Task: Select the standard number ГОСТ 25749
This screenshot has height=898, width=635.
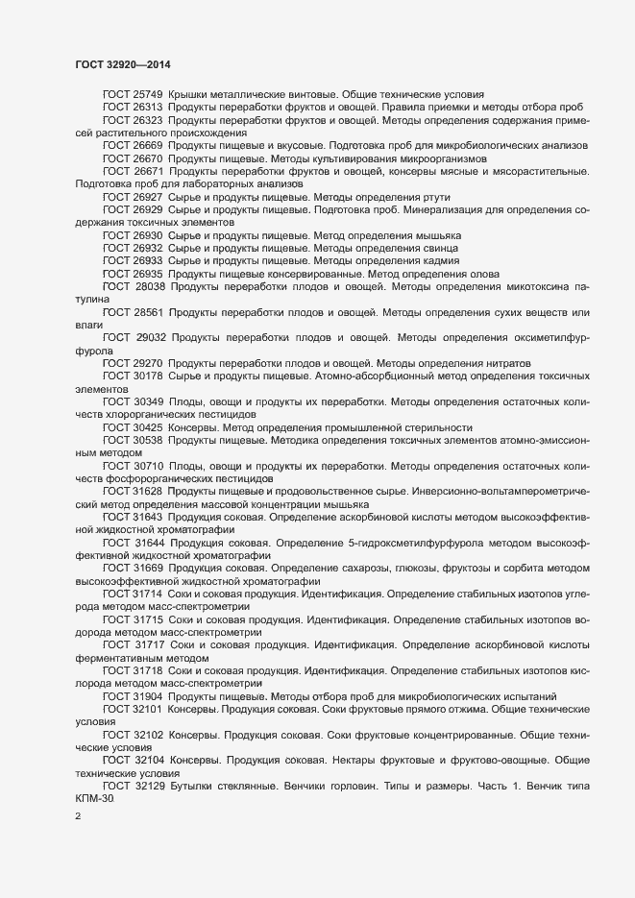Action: click(x=133, y=95)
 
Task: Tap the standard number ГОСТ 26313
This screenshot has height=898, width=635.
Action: click(x=133, y=108)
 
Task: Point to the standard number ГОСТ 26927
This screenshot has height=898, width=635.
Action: click(x=133, y=196)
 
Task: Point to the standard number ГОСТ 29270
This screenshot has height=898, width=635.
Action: click(x=133, y=363)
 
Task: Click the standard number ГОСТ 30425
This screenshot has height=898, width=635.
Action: click(x=133, y=426)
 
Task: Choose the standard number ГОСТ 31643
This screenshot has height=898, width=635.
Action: click(x=133, y=517)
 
